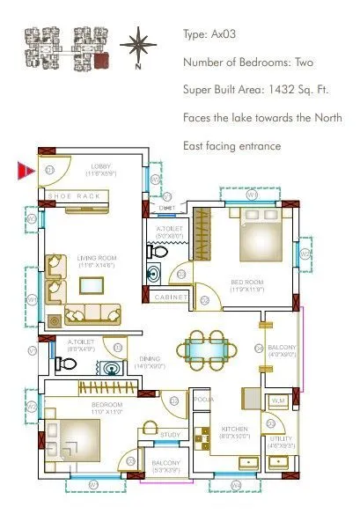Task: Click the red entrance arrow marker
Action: pyautogui.click(x=25, y=169)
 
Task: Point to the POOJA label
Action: pyautogui.click(x=203, y=399)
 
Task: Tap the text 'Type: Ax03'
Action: pyautogui.click(x=210, y=35)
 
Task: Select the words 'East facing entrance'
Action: pyautogui.click(x=231, y=145)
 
